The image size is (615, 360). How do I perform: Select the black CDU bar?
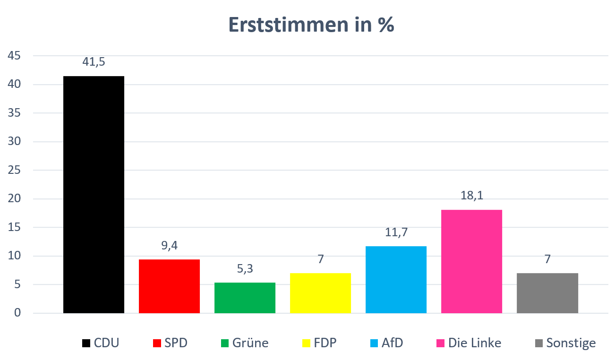pos(94,194)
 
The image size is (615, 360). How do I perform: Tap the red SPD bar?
pos(169,286)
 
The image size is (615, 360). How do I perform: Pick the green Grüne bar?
pos(245,298)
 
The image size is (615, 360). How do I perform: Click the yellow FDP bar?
pos(320,293)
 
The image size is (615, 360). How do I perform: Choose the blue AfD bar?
pos(396,279)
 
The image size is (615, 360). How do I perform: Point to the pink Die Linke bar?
pos(471,261)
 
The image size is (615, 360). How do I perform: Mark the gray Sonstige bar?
pos(547,293)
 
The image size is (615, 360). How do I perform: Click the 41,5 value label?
pos(94,62)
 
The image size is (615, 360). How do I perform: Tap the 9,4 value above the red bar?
pos(169,245)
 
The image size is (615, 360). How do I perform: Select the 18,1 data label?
pos(471,196)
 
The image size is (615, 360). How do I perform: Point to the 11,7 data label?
pos(396,232)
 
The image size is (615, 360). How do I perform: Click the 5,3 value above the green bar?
pos(245,269)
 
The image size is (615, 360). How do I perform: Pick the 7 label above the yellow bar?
pos(320,259)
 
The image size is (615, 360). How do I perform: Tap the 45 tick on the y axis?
pos(14,56)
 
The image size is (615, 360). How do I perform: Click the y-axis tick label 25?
pos(14,171)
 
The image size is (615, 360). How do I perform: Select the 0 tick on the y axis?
pos(17,313)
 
